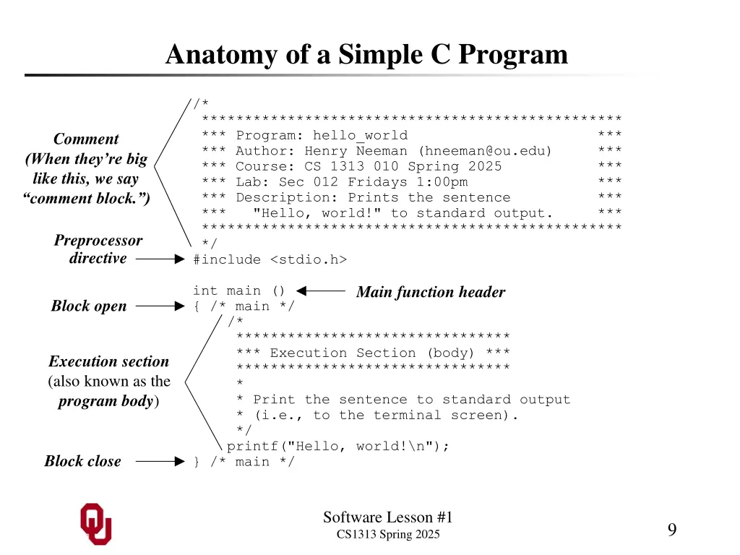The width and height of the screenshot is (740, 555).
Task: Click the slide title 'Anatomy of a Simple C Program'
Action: (366, 55)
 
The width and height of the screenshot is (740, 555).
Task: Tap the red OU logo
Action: (96, 524)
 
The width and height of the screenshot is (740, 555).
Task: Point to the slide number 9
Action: (671, 530)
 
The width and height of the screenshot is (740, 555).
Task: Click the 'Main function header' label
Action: (431, 292)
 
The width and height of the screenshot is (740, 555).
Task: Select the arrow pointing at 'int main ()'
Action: (321, 291)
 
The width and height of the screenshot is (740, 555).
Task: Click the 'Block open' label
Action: (89, 306)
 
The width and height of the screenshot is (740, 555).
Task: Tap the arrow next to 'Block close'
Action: (160, 461)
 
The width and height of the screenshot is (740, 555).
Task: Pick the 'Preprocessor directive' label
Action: (98, 249)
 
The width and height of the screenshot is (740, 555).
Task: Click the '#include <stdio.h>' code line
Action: (270, 259)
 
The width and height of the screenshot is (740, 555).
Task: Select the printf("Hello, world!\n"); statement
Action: (338, 446)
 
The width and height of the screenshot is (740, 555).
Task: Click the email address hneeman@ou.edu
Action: (484, 151)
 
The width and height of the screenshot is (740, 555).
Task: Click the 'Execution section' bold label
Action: (108, 361)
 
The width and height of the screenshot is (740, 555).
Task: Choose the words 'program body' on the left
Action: (106, 401)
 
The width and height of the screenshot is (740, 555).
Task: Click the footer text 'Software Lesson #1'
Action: (387, 517)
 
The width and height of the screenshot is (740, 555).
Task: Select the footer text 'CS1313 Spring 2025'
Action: (388, 535)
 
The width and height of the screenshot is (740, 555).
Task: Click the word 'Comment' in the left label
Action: (86, 139)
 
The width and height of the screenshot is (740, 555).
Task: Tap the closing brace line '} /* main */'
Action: (244, 462)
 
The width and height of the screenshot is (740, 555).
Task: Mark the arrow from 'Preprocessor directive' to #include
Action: (160, 258)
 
